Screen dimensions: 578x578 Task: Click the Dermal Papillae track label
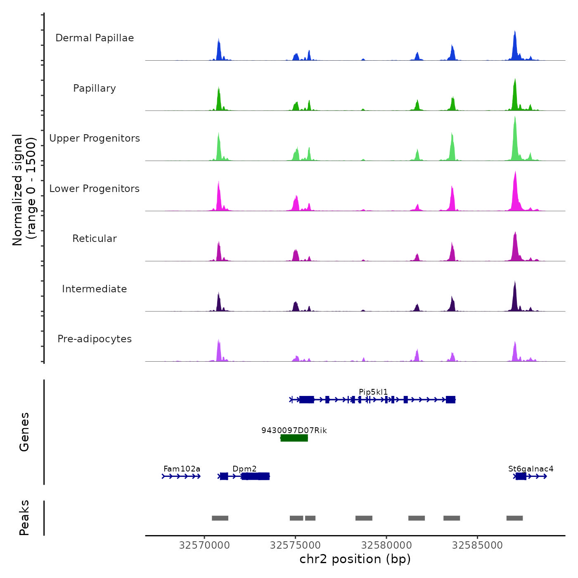coord(95,38)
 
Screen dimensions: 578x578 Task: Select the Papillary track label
coord(95,88)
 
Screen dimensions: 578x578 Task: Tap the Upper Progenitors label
coord(95,138)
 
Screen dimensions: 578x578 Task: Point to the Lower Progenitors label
coord(95,189)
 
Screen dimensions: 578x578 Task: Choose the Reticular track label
coord(95,239)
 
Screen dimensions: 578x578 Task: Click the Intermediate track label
coord(95,289)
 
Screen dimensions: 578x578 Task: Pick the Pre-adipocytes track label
coord(95,339)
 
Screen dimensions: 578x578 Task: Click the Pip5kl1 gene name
coord(373,392)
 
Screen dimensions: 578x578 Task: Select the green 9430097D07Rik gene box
coord(294,438)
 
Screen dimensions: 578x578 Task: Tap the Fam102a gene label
coord(182,469)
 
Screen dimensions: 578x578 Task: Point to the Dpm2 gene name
coord(244,469)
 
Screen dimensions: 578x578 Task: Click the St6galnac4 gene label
coord(531,469)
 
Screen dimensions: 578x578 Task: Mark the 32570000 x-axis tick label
coord(204,545)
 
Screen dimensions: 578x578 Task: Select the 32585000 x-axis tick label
coord(477,545)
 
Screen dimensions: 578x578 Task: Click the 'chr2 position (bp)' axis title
coord(355,559)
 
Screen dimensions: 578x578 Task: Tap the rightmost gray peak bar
coord(514,518)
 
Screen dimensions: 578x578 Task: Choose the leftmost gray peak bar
coord(220,518)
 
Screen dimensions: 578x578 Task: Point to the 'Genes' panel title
coord(24,432)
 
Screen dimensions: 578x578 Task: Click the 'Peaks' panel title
coord(24,518)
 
